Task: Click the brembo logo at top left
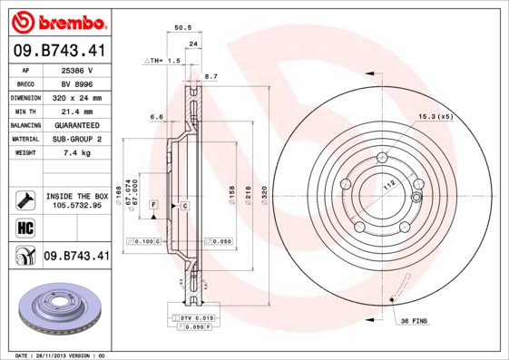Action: tap(59, 21)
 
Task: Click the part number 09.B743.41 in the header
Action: tap(59, 51)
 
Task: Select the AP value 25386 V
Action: tap(77, 69)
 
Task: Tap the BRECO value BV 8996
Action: tap(77, 83)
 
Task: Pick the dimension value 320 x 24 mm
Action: tap(77, 97)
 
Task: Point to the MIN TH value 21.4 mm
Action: tap(77, 111)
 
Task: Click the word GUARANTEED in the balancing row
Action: tap(77, 124)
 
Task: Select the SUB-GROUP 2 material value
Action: tap(77, 139)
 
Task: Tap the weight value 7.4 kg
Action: tap(77, 152)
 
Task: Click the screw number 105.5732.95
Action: tap(77, 205)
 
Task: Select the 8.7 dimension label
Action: tap(210, 76)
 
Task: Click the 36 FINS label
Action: tap(414, 321)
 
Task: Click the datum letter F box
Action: tap(154, 207)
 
